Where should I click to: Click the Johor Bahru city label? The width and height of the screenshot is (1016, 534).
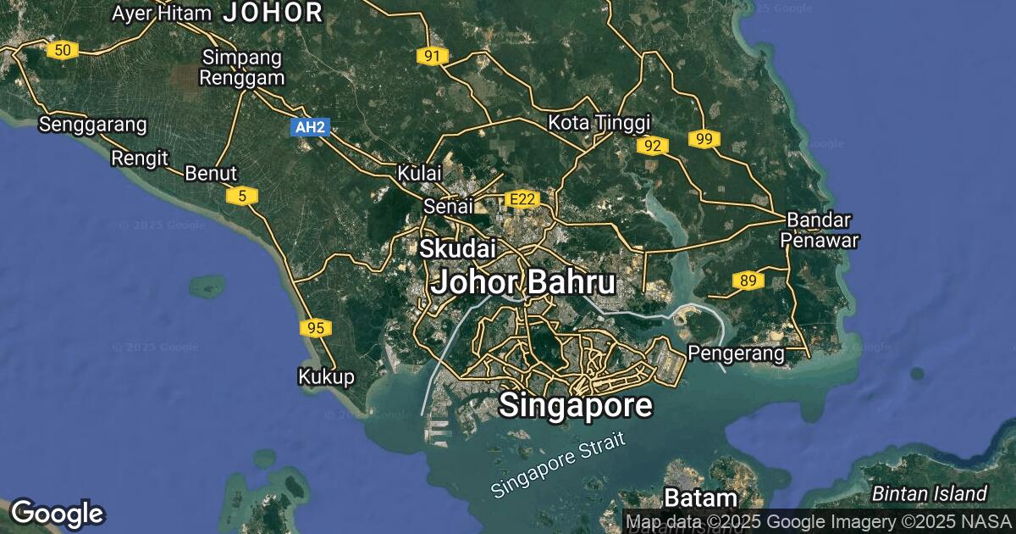coord(522,282)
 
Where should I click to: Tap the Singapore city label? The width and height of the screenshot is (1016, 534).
coord(576,405)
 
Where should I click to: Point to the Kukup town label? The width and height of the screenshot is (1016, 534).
coord(326,376)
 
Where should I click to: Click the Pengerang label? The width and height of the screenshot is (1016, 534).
coord(736,351)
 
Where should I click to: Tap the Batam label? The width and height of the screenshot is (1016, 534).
coord(701,497)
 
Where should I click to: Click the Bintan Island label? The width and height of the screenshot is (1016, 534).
coord(930,493)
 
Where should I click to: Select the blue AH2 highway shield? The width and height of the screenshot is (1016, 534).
coord(309,127)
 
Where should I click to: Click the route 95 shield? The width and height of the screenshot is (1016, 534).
coord(316,327)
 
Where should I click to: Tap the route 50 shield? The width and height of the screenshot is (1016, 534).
coord(63,50)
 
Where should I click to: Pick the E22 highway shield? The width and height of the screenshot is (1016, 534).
coord(521,199)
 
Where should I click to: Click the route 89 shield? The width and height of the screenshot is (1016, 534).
coord(748,281)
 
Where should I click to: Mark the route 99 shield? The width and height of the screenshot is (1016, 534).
coord(704,139)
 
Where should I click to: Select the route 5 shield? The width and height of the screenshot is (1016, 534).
coord(242,197)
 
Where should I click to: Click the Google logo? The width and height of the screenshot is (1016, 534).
coord(57,514)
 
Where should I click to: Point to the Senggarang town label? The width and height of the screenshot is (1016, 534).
coord(93,125)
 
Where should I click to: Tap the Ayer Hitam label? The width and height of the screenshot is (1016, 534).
coord(160,13)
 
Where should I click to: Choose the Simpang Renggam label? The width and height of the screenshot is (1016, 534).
coord(243,68)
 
